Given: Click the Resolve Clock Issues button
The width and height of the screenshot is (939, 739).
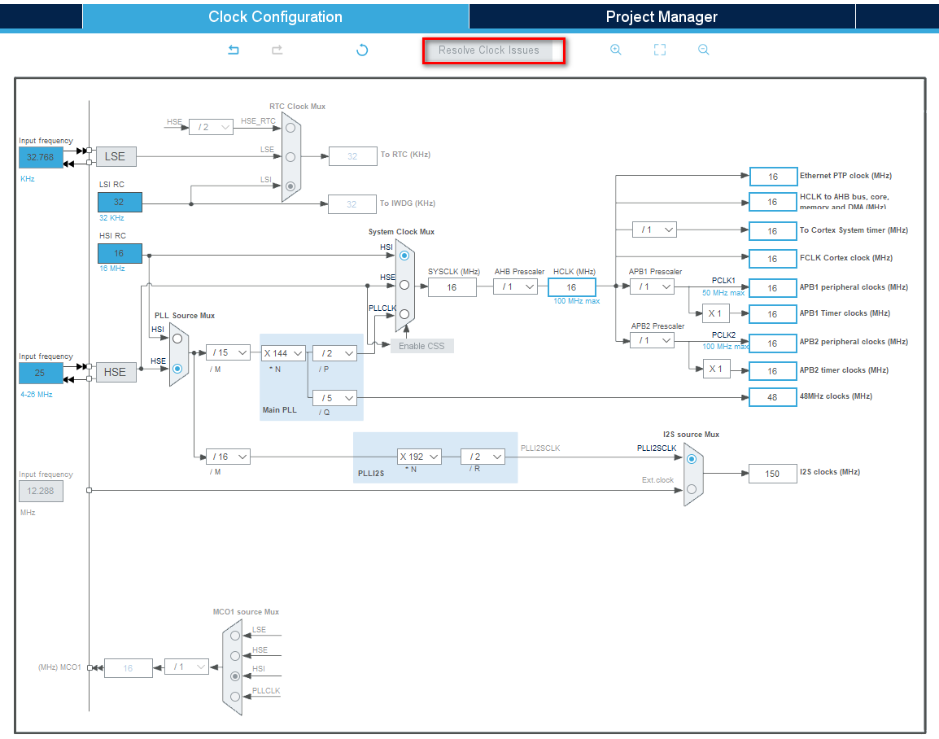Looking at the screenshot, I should click(x=489, y=50).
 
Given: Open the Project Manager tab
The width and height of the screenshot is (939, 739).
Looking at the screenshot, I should click(x=662, y=16).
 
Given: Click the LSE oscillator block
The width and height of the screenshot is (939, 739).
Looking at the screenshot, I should click(x=116, y=157).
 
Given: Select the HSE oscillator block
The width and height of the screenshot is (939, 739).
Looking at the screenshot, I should click(x=116, y=372).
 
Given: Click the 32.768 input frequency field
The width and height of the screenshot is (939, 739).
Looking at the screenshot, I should click(x=41, y=157).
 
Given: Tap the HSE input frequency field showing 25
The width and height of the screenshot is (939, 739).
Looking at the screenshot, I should click(x=41, y=372).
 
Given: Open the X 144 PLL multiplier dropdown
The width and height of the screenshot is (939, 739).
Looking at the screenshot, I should click(x=283, y=353).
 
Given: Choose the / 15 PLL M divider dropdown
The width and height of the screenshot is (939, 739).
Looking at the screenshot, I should click(x=228, y=353).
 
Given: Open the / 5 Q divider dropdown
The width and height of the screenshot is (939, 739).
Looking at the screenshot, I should click(x=335, y=398).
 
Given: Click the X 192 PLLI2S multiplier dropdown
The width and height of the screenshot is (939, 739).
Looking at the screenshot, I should click(x=420, y=457).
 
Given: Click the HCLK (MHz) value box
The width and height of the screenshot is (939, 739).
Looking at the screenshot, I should click(x=571, y=286).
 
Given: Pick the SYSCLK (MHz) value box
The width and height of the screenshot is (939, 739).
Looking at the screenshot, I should click(x=452, y=286).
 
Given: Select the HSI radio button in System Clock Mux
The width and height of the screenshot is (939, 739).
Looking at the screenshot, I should click(x=404, y=256).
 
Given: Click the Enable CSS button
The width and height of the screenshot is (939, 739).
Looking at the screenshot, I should click(x=421, y=346).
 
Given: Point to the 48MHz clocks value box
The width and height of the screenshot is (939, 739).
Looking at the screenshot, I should click(x=772, y=396).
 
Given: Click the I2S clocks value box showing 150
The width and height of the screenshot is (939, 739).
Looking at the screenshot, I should click(x=772, y=474).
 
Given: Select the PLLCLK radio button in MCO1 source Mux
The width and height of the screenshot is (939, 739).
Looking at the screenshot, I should click(x=235, y=696).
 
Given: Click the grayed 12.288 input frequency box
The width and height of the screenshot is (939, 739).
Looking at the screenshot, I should click(x=41, y=492).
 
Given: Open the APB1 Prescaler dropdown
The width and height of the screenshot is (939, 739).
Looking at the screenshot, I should click(x=652, y=286).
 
